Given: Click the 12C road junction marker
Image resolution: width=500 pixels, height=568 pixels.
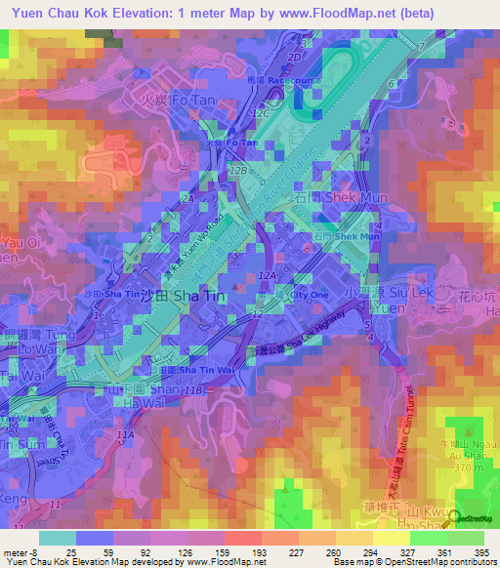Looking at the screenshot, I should tap(262, 114).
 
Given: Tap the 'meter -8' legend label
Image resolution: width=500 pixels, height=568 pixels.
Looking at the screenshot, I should tap(20, 551).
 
